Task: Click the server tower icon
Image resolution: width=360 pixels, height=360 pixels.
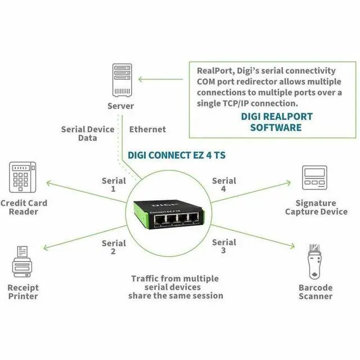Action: click(x=122, y=80)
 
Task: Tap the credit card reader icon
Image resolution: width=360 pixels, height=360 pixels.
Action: click(x=22, y=177)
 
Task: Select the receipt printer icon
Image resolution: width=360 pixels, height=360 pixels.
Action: click(x=22, y=262)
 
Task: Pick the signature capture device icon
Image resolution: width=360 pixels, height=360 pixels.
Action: click(x=314, y=178)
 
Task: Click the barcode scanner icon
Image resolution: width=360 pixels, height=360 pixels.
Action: click(x=314, y=262)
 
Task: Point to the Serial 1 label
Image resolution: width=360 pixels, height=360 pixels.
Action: click(x=114, y=184)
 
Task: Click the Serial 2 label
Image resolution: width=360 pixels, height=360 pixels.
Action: click(x=114, y=247)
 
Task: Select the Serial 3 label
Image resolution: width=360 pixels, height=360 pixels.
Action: click(x=224, y=246)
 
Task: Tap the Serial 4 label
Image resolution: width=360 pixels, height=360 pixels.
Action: click(x=224, y=184)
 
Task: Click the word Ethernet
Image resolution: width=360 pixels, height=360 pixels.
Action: click(x=147, y=129)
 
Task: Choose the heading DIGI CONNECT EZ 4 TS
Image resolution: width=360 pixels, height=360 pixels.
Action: click(x=177, y=155)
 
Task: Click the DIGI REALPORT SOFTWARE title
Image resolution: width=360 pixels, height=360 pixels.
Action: click(x=276, y=122)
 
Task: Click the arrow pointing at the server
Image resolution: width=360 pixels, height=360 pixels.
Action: click(x=161, y=79)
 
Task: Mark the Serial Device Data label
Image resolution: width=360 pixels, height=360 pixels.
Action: click(x=88, y=134)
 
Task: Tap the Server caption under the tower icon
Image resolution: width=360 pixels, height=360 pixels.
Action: click(x=120, y=106)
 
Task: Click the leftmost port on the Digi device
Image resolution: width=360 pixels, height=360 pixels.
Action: click(x=160, y=220)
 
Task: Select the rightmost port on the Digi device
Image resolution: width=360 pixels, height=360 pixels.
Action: click(x=193, y=218)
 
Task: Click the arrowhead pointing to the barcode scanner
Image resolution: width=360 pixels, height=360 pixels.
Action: click(x=292, y=246)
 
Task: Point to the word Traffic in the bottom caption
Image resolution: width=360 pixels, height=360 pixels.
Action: click(x=145, y=278)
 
